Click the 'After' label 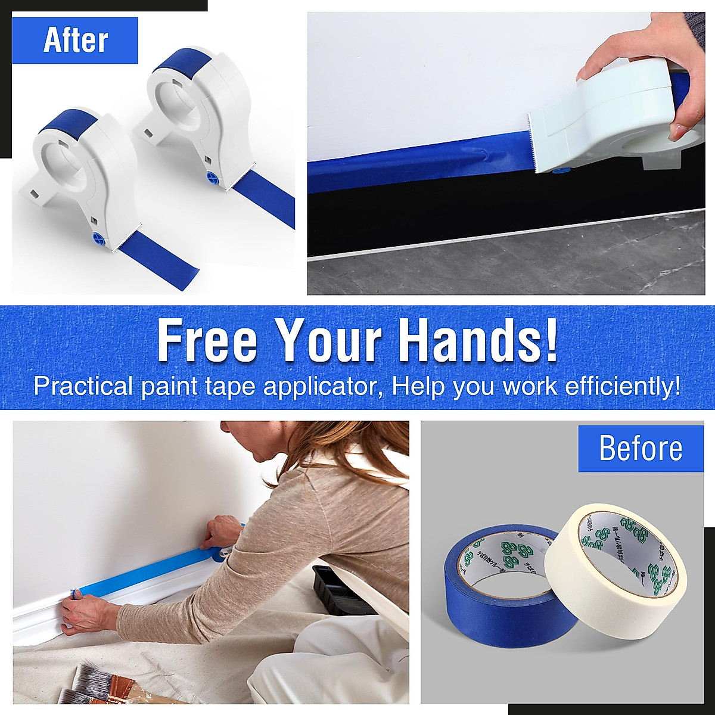pyautogui.click(x=75, y=41)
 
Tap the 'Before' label pyautogui.click(x=641, y=448)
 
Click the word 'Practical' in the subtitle pyautogui.click(x=83, y=387)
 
